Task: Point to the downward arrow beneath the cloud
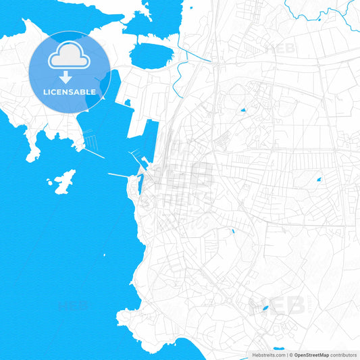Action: coord(66,77)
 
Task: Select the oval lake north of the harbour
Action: coord(152,53)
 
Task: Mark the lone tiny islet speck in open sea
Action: coord(105,255)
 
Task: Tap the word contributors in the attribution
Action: coord(343,355)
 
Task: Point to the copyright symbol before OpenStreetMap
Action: coord(290,355)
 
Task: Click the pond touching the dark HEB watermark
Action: coord(265,308)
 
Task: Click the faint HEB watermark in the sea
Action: coord(74,305)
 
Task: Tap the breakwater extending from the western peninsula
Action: coord(95,153)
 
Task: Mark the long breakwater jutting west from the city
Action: coord(122,176)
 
